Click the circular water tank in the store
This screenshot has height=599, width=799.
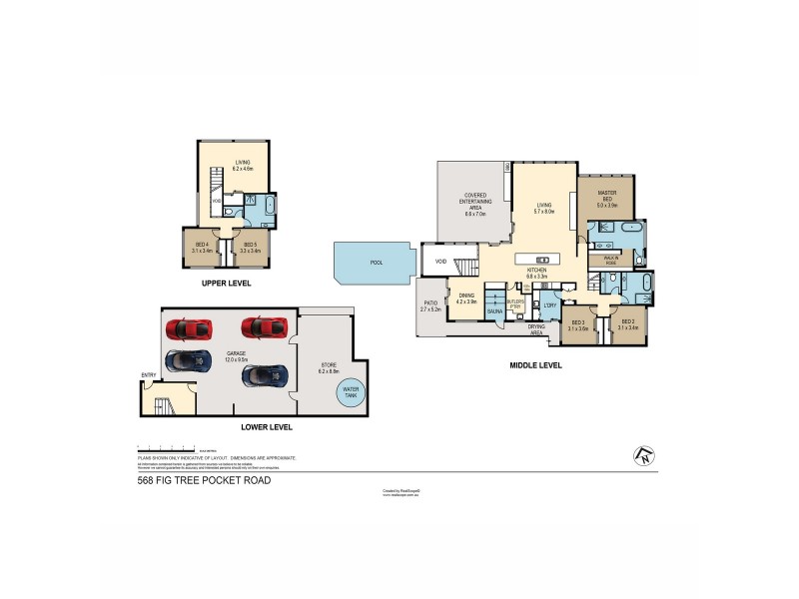point(351,391)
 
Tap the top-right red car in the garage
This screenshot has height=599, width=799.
point(265,326)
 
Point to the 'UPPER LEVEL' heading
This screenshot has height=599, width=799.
point(226,284)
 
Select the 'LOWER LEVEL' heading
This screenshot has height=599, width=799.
point(267,427)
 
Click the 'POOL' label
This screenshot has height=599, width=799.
point(377,263)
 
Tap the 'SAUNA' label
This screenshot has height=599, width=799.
point(493,311)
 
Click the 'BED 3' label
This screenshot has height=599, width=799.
point(578,325)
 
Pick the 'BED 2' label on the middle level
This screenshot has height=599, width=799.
point(626,325)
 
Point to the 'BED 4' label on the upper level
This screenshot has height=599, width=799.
point(201,248)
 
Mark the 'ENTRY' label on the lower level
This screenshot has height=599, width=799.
point(149,376)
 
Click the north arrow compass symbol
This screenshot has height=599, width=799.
point(642,456)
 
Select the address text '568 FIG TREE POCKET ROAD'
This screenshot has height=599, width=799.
point(204,480)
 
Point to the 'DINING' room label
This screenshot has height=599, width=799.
point(466,297)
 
